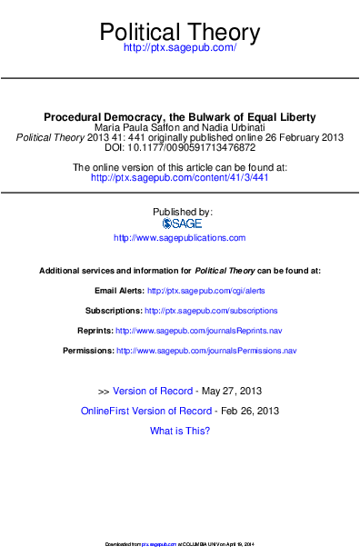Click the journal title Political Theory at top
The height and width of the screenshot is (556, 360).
[x=179, y=34]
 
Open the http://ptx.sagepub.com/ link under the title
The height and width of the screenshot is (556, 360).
[x=179, y=47]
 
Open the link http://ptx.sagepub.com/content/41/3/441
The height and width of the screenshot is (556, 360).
[x=179, y=178]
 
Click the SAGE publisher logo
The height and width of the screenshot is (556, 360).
[x=181, y=223]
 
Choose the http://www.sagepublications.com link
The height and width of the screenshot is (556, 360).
[x=179, y=238]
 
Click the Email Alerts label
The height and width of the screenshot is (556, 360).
[x=119, y=291]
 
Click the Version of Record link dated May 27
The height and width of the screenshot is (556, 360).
[x=152, y=391]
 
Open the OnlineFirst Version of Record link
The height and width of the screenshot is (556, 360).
[x=145, y=411]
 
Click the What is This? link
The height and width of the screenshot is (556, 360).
[x=179, y=431]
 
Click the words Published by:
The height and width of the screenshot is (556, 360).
[x=179, y=212]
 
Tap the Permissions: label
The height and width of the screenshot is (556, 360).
[x=87, y=351]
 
